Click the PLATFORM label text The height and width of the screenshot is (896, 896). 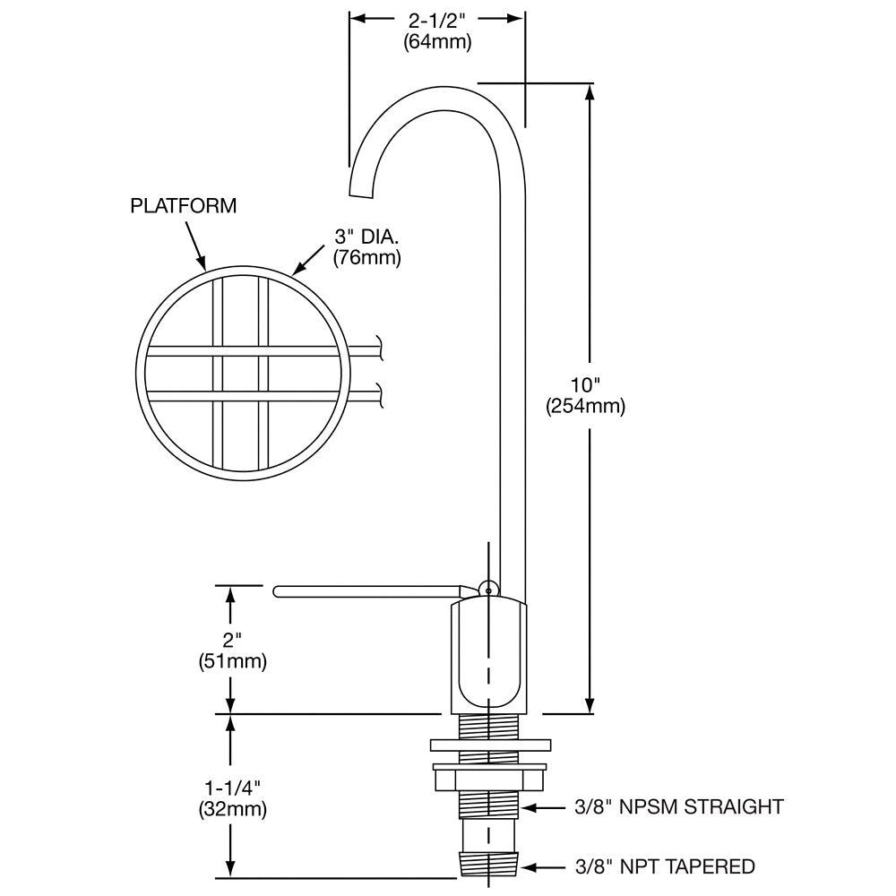(x=184, y=206)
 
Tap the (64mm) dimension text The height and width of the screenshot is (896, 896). (x=436, y=42)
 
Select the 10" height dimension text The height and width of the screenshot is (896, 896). (x=585, y=384)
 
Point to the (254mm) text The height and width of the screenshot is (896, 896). (x=585, y=406)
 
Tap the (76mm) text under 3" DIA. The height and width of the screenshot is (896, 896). (x=366, y=259)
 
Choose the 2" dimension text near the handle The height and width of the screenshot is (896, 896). (x=232, y=640)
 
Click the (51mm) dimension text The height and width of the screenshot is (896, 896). (x=232, y=662)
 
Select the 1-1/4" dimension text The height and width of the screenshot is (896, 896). (x=232, y=788)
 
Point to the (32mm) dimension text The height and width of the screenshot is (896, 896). (x=232, y=810)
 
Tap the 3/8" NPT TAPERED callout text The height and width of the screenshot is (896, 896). (x=663, y=866)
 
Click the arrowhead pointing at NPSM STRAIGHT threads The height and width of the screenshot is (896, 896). (x=529, y=807)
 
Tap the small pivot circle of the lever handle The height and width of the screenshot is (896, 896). (x=487, y=589)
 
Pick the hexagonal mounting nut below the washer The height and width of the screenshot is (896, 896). (x=488, y=777)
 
